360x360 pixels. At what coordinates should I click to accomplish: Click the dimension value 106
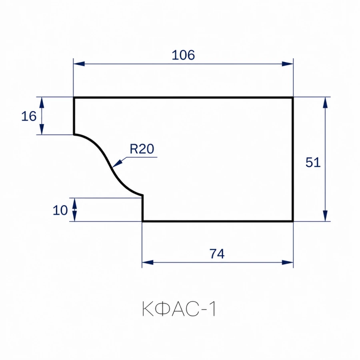(x=183, y=55)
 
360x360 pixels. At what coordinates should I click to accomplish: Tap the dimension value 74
(x=217, y=254)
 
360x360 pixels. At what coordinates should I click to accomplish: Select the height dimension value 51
(x=313, y=162)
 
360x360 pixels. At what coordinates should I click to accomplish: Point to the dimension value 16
(x=29, y=116)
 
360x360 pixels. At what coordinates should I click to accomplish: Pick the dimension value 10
(x=60, y=210)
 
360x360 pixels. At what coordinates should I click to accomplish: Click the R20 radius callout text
(x=142, y=149)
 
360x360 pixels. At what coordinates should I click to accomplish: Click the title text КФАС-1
(x=179, y=309)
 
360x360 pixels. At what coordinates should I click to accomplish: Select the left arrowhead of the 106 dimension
(x=79, y=64)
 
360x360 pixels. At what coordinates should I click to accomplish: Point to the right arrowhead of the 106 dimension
(x=288, y=64)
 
